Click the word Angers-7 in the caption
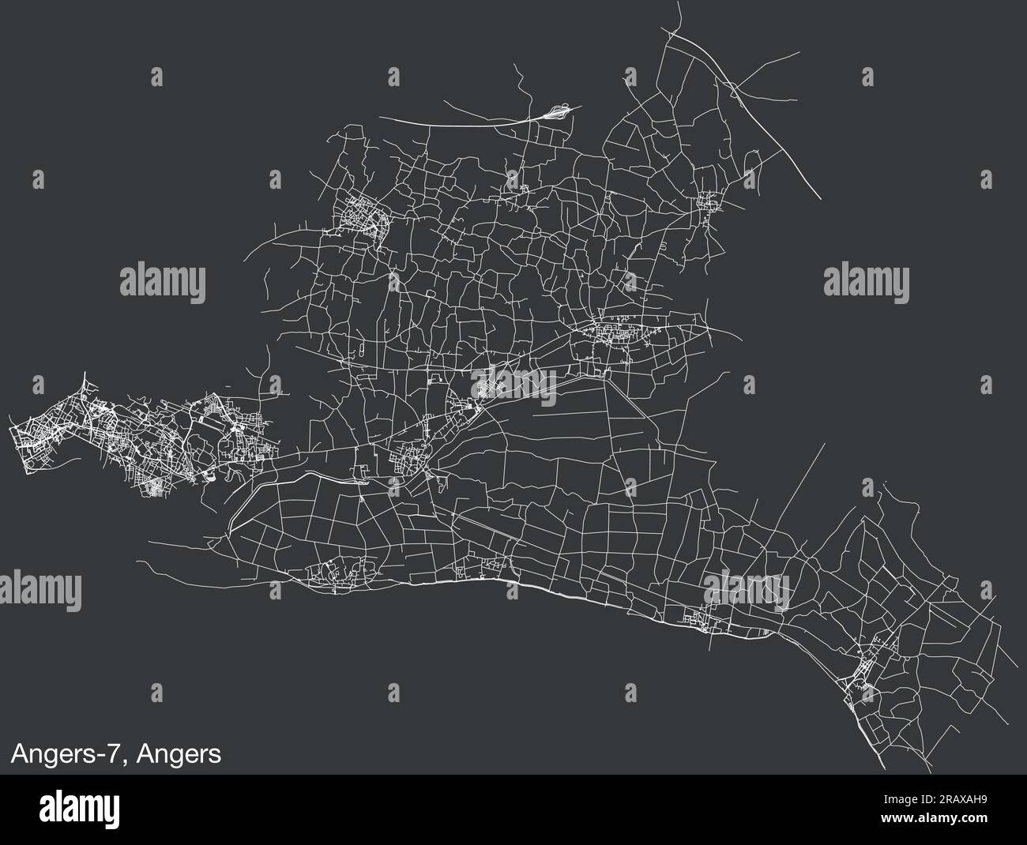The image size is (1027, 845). coord(66,754)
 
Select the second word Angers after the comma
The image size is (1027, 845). coord(179,754)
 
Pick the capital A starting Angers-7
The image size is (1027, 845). coord(19,754)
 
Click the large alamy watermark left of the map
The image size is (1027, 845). coord(163,280)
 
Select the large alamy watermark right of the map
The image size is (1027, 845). coord(866,280)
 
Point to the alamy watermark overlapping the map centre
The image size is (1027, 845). coord(514,385)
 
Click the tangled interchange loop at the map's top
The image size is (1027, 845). coord(557,111)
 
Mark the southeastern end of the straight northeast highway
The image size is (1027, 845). coord(822,198)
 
